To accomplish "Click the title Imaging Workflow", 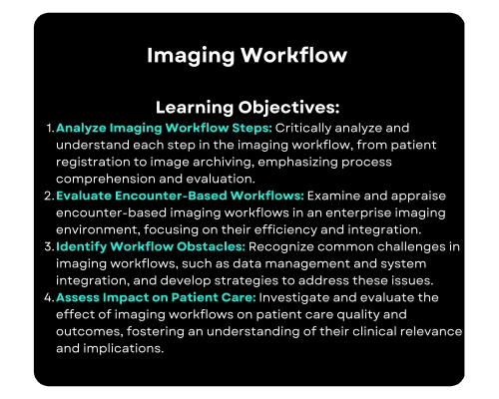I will pos(247,55).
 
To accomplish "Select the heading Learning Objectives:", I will pos(248,106).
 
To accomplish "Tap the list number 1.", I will pos(50,129).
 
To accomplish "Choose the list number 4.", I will pos(50,296).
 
